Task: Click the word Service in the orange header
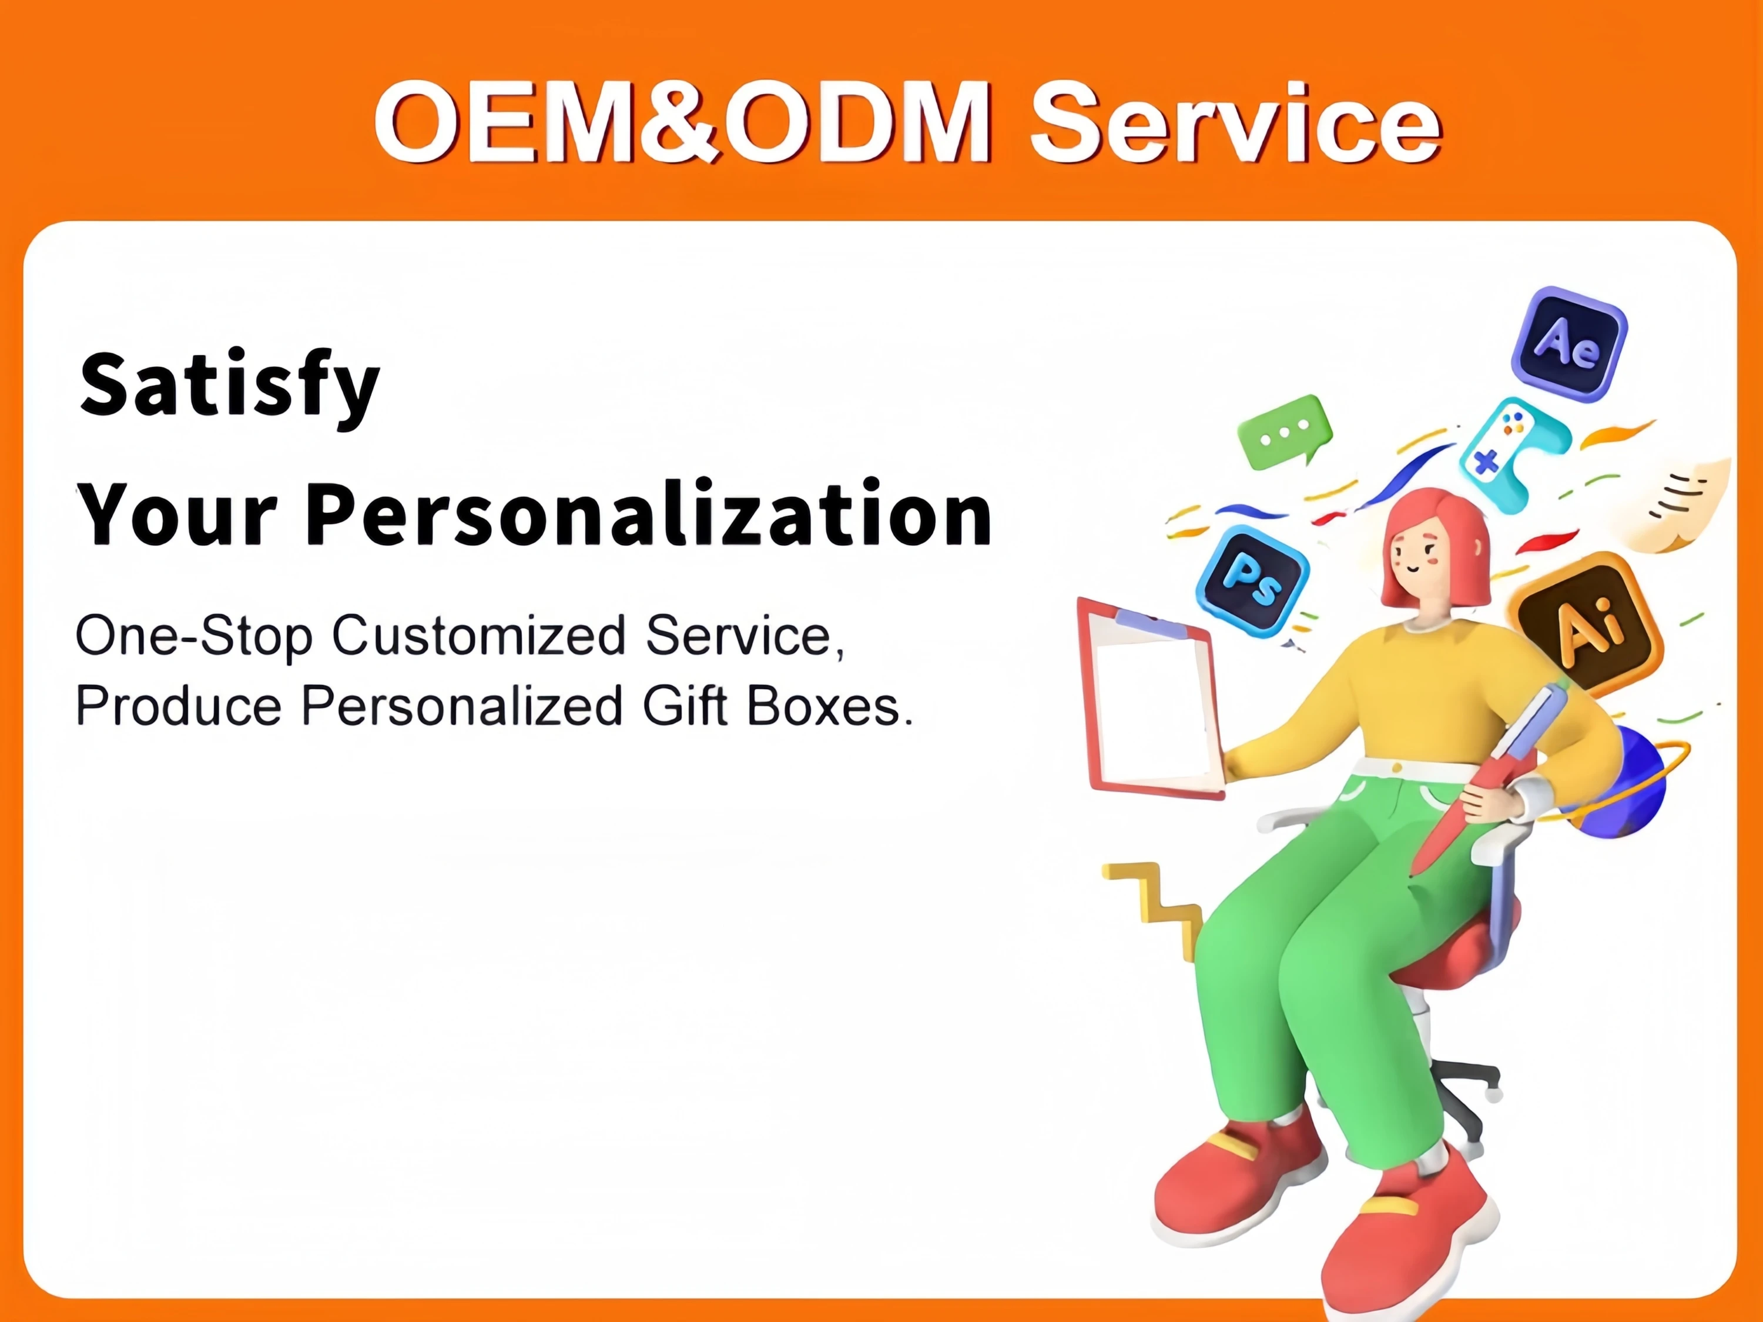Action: coord(1235,122)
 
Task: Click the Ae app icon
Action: coord(1568,345)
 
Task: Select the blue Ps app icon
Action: coord(1252,580)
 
